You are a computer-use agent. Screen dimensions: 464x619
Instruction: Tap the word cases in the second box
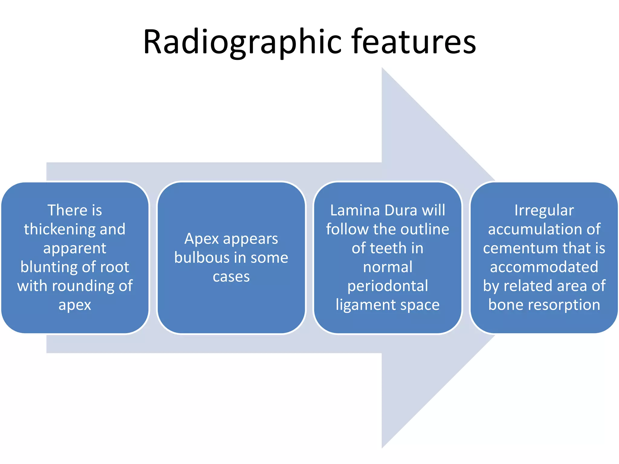pyautogui.click(x=231, y=277)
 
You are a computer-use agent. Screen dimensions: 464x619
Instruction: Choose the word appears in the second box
pyautogui.click(x=250, y=239)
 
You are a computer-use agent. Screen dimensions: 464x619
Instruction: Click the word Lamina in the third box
pyautogui.click(x=355, y=210)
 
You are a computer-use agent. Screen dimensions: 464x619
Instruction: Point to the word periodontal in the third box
pyautogui.click(x=387, y=286)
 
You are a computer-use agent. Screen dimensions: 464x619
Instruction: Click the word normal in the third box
pyautogui.click(x=387, y=267)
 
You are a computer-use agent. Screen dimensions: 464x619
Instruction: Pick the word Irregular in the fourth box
pyautogui.click(x=544, y=210)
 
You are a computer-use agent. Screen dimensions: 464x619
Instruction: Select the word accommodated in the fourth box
pyautogui.click(x=544, y=267)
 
